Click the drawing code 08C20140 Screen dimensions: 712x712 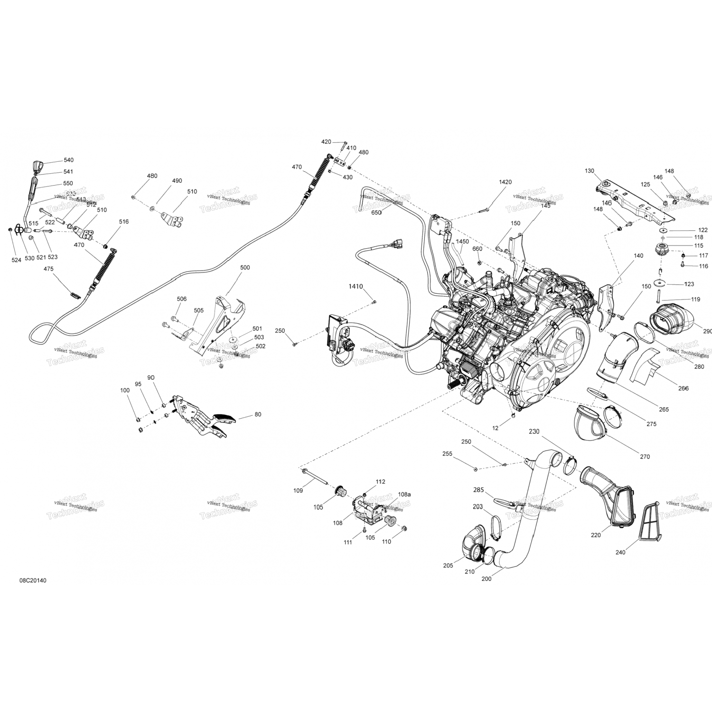tap(33, 581)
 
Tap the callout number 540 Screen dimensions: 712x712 tap(68, 160)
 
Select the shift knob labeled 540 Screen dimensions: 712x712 tap(39, 167)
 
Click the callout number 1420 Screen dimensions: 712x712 tap(505, 182)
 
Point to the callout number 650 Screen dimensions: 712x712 tap(376, 213)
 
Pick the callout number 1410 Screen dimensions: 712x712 tap(356, 287)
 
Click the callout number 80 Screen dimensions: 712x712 tap(258, 414)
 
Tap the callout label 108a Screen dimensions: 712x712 tap(404, 494)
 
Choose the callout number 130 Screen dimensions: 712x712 tap(589, 171)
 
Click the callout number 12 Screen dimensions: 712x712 tap(495, 428)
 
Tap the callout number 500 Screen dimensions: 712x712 tap(244, 268)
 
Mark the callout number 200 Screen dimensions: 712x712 tap(486, 579)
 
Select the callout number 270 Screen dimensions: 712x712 tap(644, 457)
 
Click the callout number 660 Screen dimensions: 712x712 tap(477, 249)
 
